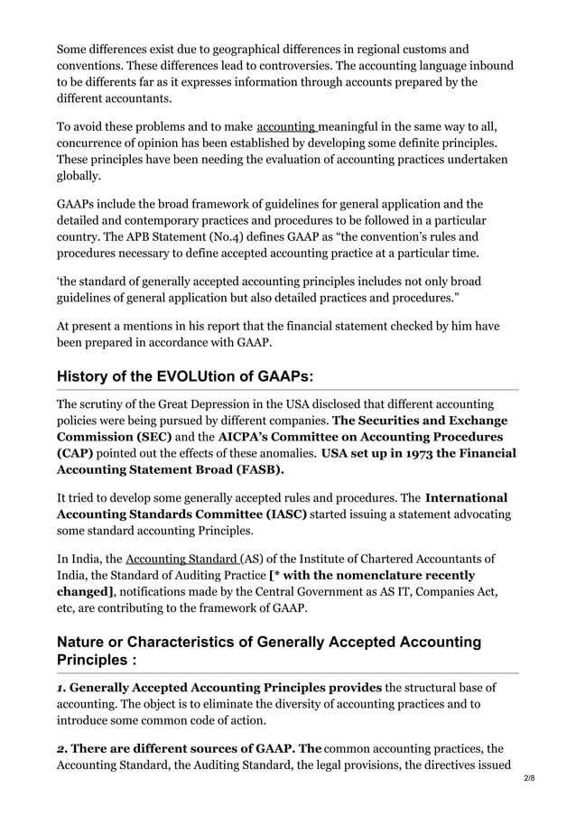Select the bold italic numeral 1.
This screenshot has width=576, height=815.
pos(60,689)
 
